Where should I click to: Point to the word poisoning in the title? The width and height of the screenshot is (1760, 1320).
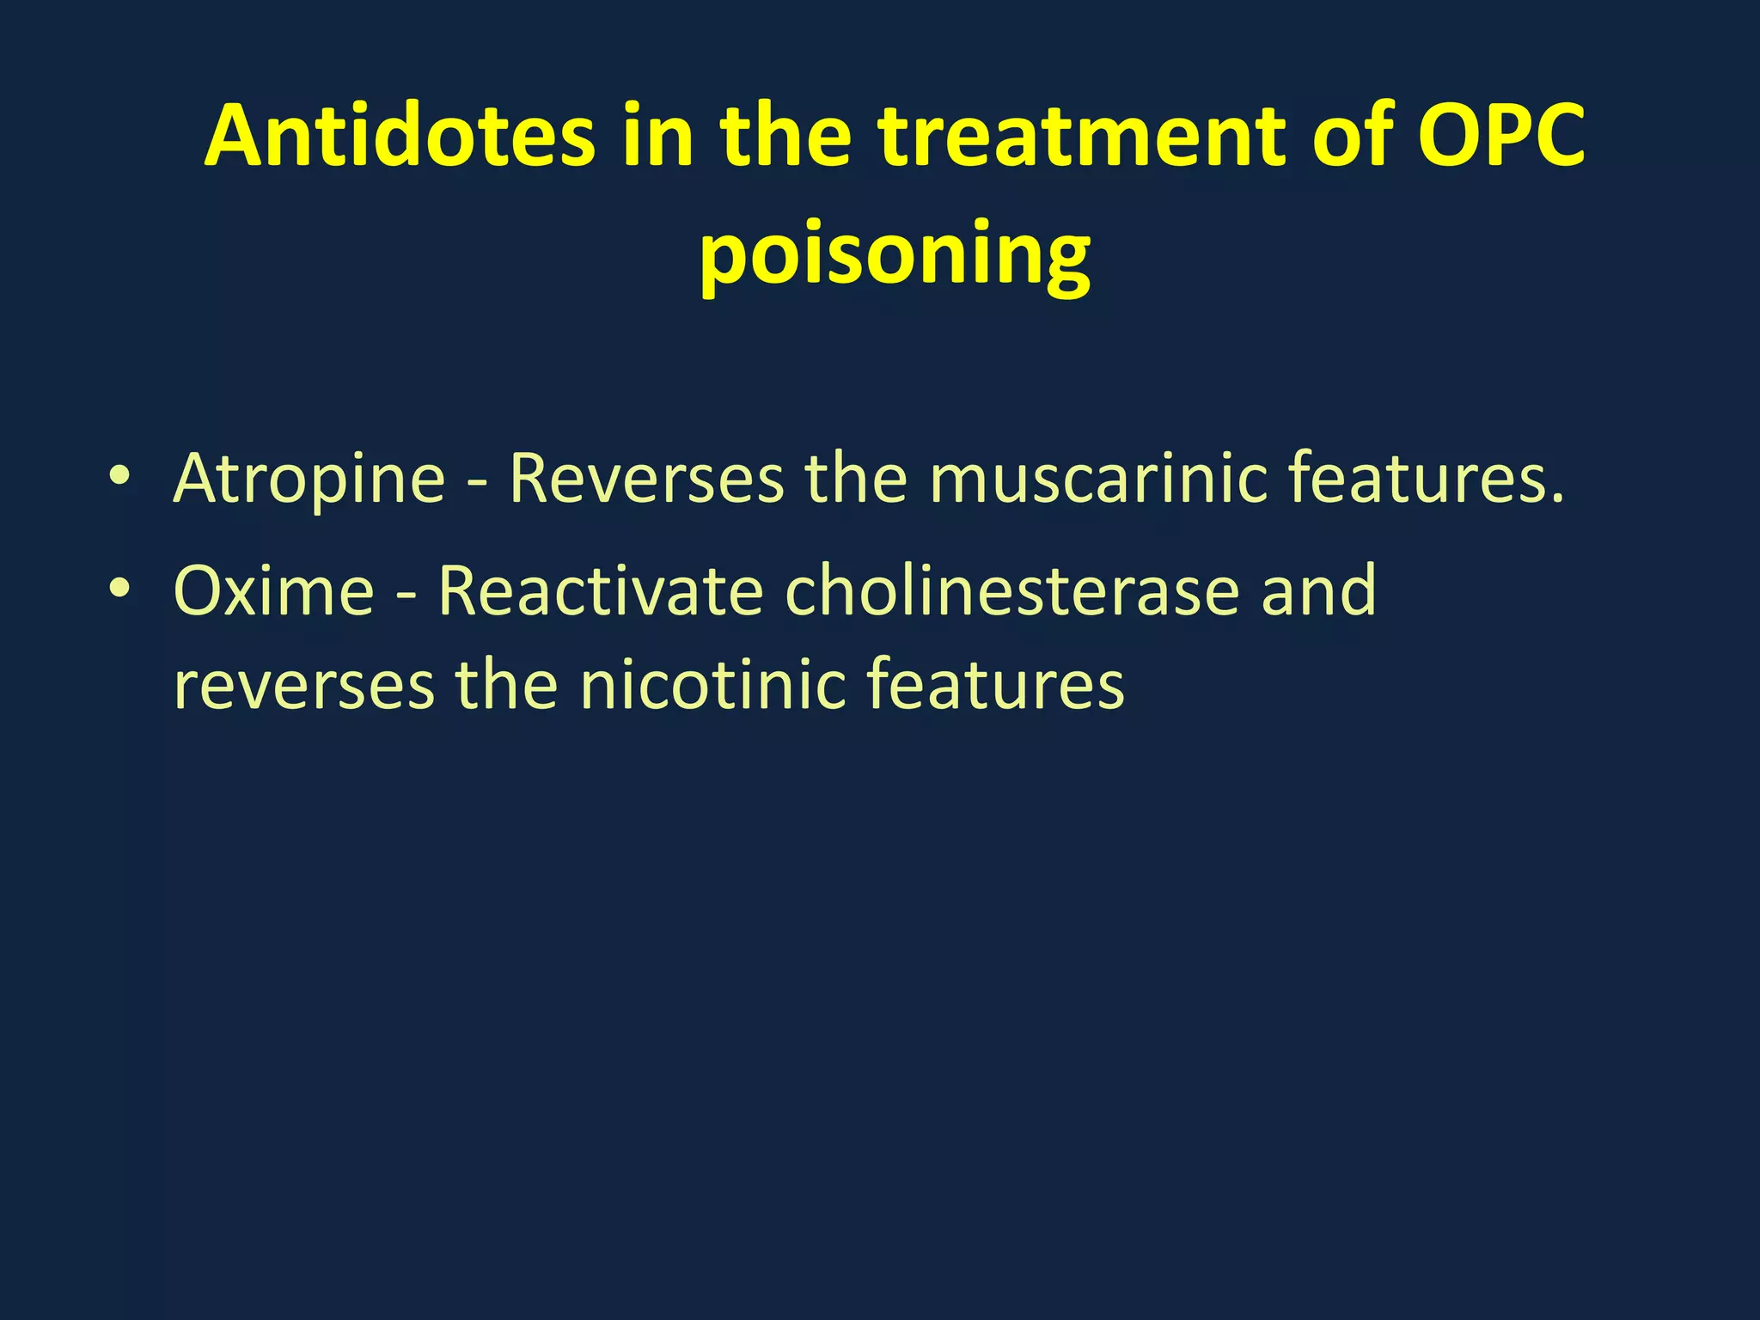[895, 254]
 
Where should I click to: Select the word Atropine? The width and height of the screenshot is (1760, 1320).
[309, 480]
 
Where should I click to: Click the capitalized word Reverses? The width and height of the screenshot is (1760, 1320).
[646, 478]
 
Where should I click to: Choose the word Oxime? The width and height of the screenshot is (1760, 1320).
[274, 591]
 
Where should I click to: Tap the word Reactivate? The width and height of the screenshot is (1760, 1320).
[601, 591]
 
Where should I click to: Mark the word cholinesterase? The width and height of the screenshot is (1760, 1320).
[1011, 591]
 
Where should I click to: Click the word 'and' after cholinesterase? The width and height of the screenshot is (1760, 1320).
[1318, 591]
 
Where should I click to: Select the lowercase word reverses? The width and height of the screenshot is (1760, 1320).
[304, 686]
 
